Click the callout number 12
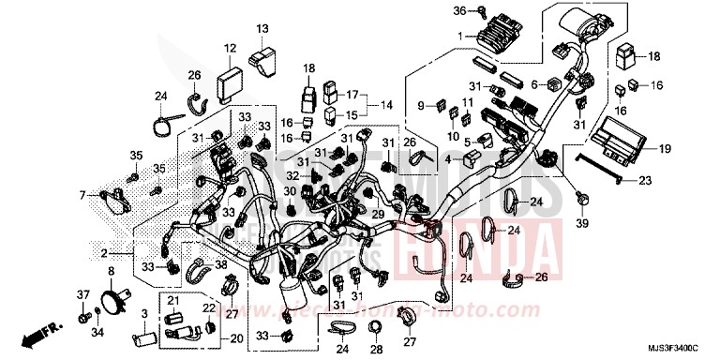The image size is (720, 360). (x=229, y=47)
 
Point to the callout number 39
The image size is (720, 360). (x=582, y=225)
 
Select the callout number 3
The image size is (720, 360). (x=143, y=314)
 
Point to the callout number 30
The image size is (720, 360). (x=290, y=190)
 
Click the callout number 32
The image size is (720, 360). (x=292, y=175)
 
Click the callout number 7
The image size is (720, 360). (x=82, y=195)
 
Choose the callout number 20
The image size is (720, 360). (x=234, y=338)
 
